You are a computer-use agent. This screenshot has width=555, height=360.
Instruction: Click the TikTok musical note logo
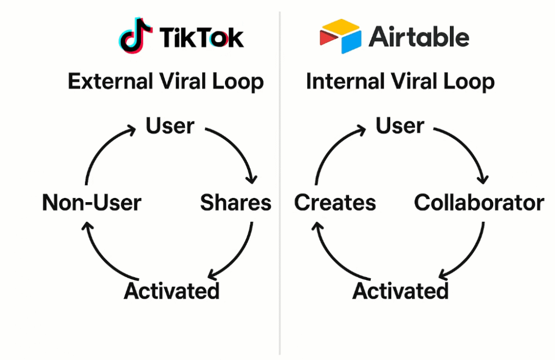[135, 35]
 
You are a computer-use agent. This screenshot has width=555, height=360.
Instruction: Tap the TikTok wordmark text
[202, 37]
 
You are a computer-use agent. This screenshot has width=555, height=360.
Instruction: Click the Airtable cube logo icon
[340, 36]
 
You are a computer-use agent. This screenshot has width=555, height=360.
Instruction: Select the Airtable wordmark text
[419, 36]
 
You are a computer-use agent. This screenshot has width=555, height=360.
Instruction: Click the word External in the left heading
[111, 81]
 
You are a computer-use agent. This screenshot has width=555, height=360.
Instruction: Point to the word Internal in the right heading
[346, 81]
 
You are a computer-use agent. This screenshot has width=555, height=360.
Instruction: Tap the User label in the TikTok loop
[170, 126]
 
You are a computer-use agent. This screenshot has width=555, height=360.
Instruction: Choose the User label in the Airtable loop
[400, 126]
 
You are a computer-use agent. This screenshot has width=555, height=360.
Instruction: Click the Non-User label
[92, 202]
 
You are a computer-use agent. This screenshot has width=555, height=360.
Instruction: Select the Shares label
[236, 202]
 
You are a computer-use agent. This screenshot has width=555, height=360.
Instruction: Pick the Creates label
[335, 202]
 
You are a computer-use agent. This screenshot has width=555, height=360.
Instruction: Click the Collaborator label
[479, 202]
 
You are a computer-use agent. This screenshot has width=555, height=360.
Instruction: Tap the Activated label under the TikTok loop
[172, 291]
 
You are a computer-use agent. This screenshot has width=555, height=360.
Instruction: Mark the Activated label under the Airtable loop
[401, 291]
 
